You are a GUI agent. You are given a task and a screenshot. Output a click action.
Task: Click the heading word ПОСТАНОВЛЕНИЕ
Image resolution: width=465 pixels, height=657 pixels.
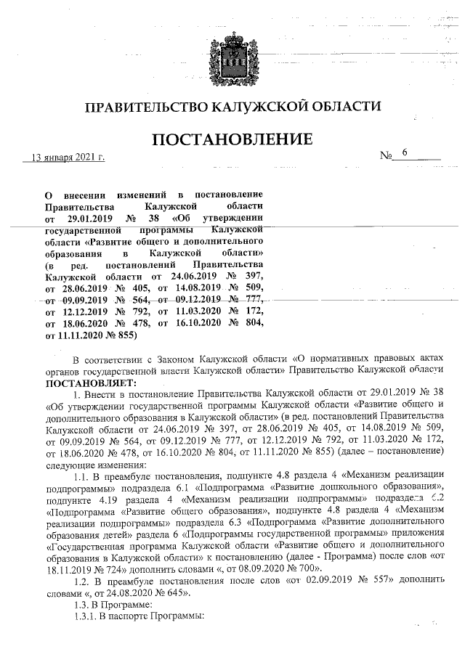coord(232,139)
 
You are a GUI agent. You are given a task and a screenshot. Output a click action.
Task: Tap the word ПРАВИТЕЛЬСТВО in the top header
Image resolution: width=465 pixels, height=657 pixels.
coord(145,107)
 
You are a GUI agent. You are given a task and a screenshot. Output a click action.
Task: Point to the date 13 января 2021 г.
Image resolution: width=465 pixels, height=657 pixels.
coord(65,157)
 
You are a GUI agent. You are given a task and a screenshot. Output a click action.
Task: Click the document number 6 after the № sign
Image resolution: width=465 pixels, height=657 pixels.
coord(405,153)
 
